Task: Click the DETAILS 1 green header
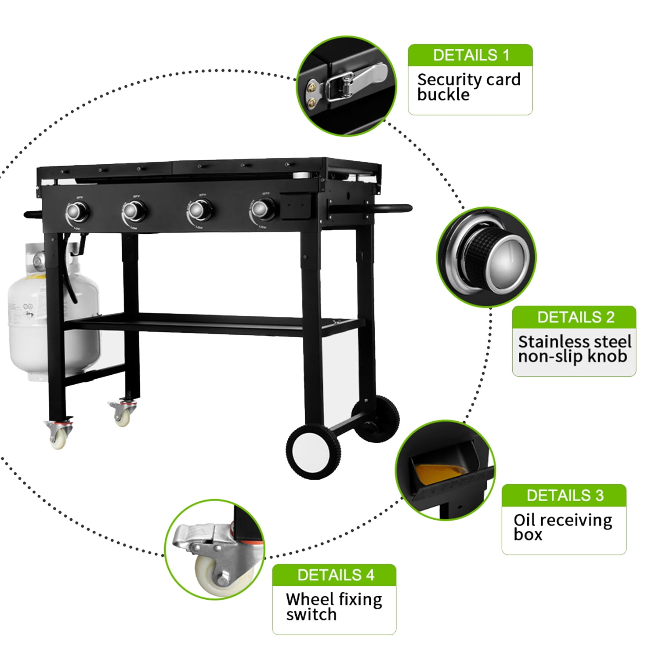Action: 470,55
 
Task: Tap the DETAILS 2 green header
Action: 574,317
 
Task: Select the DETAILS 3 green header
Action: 564,495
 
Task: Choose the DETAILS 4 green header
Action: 334,575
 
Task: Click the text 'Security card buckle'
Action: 468,87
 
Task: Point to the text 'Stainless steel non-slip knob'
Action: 574,349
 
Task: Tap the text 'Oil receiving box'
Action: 562,527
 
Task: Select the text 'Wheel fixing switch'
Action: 333,607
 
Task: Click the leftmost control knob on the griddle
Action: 78,212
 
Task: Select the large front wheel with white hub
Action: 313,451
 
